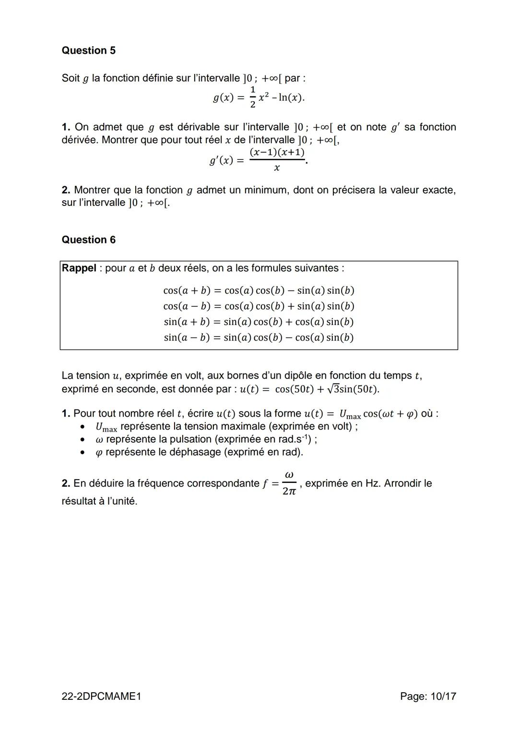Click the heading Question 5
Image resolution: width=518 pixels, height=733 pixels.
tap(88, 50)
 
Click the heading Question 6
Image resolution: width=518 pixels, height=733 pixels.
tap(88, 240)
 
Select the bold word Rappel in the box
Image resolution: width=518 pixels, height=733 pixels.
tap(79, 268)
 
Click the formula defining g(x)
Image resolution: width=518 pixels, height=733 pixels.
tap(259, 97)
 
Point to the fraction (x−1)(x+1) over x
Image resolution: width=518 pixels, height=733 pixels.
tap(277, 160)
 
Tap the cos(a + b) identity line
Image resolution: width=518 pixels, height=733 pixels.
tap(259, 290)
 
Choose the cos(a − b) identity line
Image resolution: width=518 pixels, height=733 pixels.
tap(259, 306)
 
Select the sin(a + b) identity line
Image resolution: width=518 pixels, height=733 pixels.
tap(259, 322)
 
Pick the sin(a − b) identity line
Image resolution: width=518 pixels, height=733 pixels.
tap(259, 337)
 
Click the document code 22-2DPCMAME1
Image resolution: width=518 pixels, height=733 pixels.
tap(101, 696)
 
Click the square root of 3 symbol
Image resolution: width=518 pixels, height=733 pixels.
tap(333, 389)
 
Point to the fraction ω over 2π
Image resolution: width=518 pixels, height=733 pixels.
tap(289, 483)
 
